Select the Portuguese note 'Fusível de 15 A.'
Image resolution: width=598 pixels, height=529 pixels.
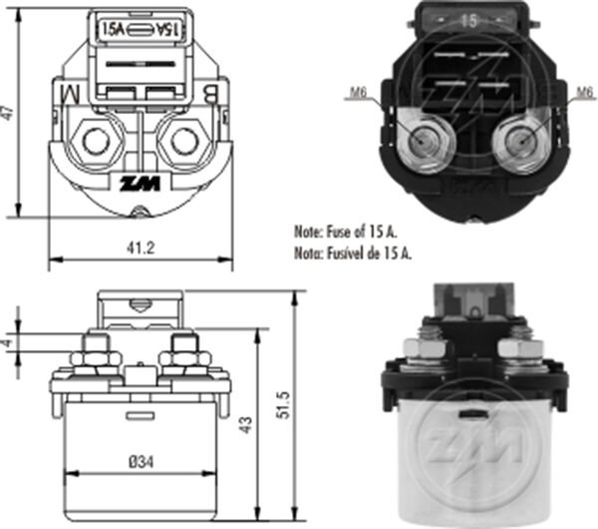353,254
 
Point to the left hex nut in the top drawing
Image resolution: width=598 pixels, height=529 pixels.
97,140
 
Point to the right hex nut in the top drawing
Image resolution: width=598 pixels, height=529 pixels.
182,140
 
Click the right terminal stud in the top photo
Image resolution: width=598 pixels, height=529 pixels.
519,142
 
